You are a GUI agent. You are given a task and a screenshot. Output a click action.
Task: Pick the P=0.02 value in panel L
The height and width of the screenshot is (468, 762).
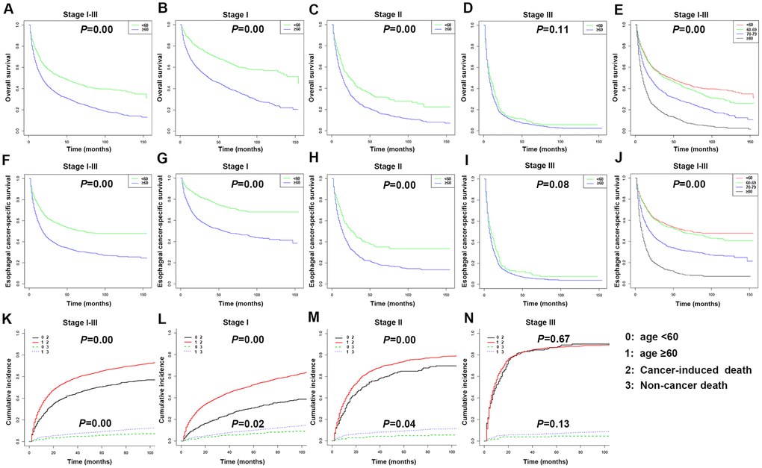(248, 425)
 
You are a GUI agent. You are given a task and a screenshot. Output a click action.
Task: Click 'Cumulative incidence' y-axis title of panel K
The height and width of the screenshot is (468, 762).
(8, 389)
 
